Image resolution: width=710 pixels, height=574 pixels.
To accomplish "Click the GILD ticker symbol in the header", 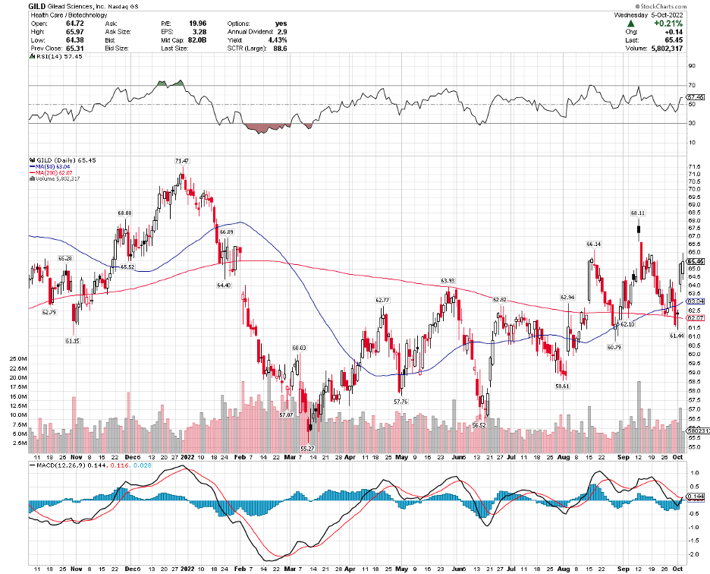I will click(16, 6).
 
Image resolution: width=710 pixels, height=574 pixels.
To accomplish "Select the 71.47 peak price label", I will click(181, 161).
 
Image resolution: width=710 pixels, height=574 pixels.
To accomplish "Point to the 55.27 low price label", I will click(307, 449).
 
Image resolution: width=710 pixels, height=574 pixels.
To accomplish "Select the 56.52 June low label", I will click(479, 425).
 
